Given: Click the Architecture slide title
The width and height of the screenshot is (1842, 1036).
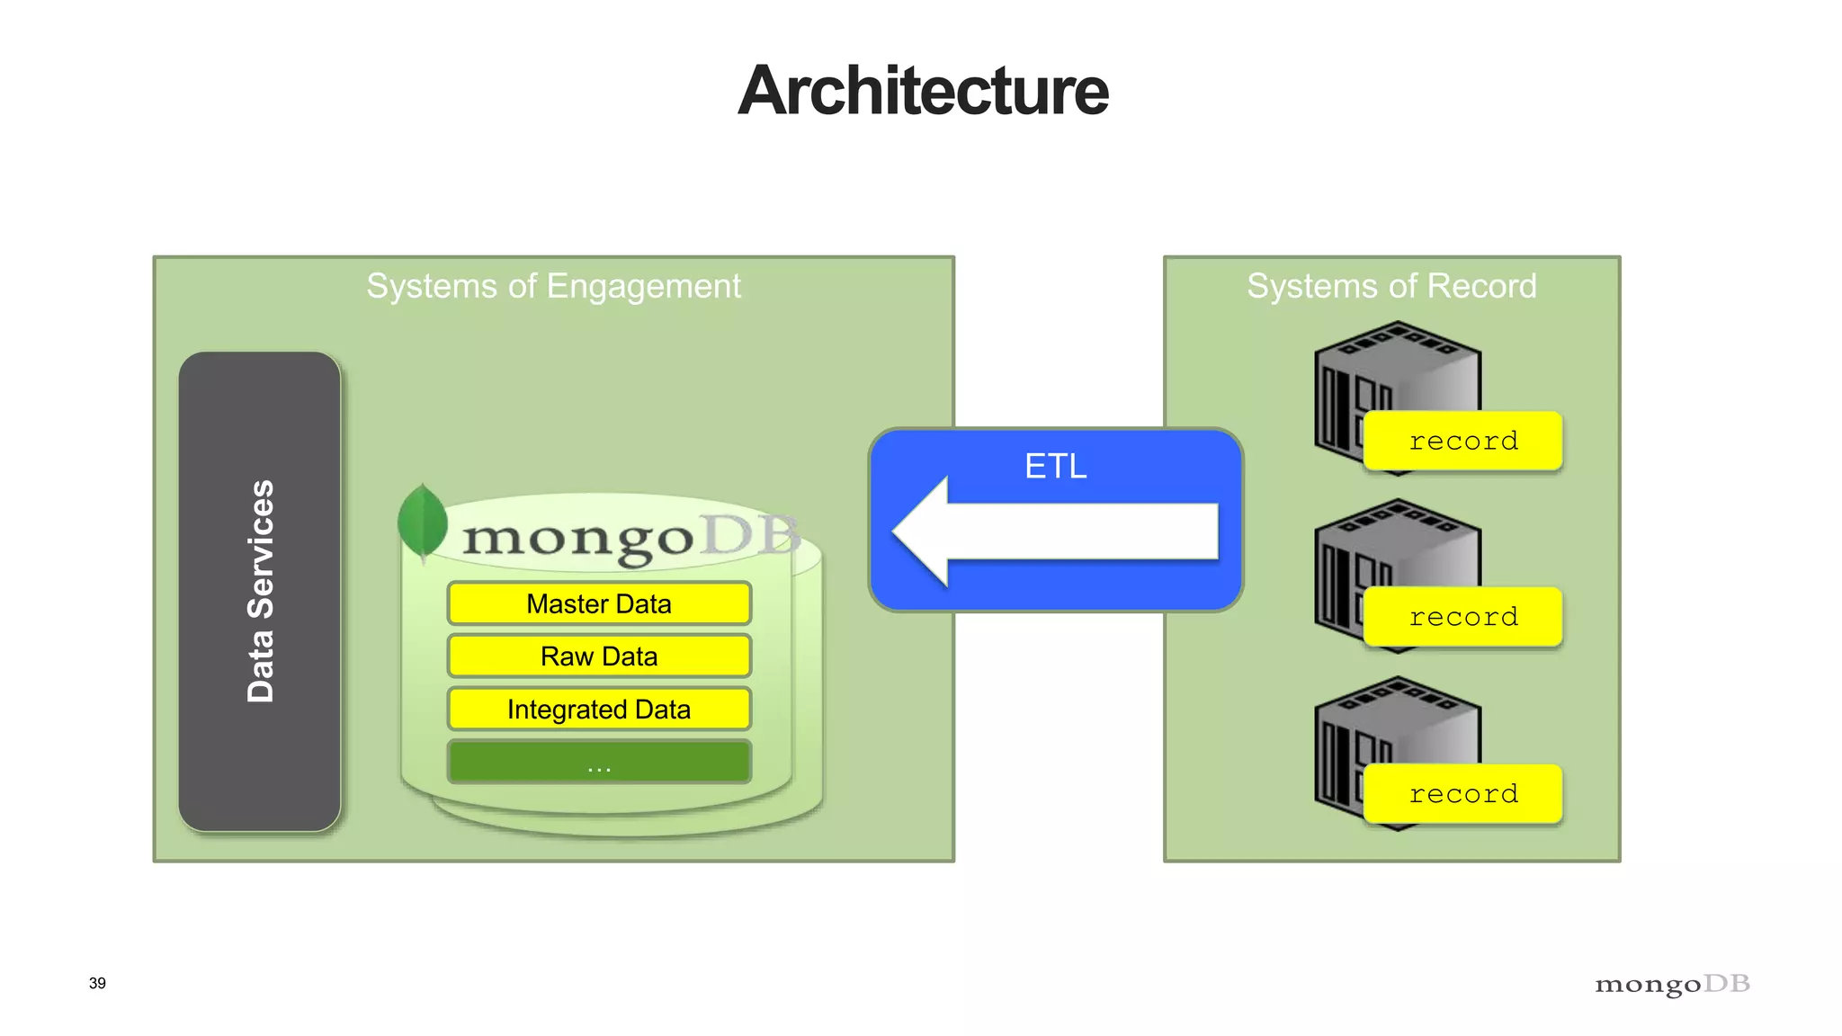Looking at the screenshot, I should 923,91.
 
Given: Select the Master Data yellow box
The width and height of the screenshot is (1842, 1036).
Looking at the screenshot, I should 599,603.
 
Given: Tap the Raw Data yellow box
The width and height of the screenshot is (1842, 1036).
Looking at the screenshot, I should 599,656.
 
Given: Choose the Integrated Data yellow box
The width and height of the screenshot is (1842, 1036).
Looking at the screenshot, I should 599,710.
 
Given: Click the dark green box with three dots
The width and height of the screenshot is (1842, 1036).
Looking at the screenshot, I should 599,763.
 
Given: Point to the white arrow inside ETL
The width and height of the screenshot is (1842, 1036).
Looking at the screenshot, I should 1052,531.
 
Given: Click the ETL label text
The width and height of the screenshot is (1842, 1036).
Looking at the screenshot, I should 1056,466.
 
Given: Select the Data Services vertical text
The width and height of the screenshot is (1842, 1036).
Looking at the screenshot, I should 260,591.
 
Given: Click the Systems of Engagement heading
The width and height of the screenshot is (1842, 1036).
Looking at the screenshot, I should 553,286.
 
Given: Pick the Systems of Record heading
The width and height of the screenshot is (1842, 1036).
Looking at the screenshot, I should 1391,286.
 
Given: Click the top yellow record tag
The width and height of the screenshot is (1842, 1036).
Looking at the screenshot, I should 1463,441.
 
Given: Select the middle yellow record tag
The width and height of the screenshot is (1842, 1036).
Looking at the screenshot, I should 1463,617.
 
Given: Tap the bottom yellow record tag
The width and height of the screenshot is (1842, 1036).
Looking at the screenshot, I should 1463,794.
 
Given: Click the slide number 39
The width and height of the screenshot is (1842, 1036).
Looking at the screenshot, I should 97,983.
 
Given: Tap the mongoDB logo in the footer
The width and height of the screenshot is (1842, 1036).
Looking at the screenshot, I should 1672,985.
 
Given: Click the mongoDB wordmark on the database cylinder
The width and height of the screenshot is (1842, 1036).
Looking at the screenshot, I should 630,538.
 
